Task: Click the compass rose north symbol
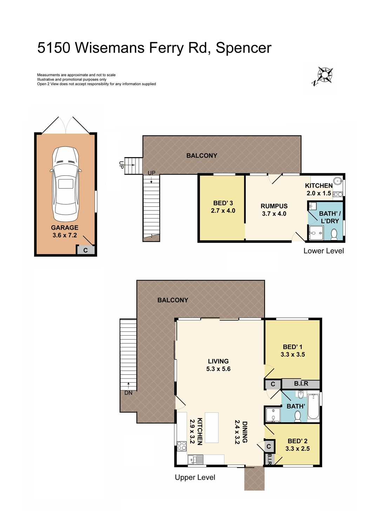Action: pyautogui.click(x=324, y=75)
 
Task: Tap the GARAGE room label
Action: pyautogui.click(x=65, y=228)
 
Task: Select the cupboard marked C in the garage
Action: pyautogui.click(x=86, y=250)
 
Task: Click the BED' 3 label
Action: pyautogui.click(x=223, y=203)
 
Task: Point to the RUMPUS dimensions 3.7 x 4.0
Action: pyautogui.click(x=274, y=214)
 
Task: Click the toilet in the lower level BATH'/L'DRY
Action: pyautogui.click(x=334, y=234)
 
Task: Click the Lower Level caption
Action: pyautogui.click(x=324, y=251)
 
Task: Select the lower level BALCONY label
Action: pyautogui.click(x=202, y=155)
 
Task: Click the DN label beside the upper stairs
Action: pyautogui.click(x=128, y=393)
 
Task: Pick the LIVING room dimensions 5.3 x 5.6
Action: pyautogui.click(x=218, y=369)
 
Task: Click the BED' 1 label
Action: pyautogui.click(x=293, y=347)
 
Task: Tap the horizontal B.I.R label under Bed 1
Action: pyautogui.click(x=301, y=384)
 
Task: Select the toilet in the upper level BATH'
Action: pyautogui.click(x=298, y=416)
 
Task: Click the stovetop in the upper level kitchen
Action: pyautogui.click(x=182, y=446)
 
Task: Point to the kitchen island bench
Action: pyautogui.click(x=212, y=428)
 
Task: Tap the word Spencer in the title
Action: pyautogui.click(x=244, y=48)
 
